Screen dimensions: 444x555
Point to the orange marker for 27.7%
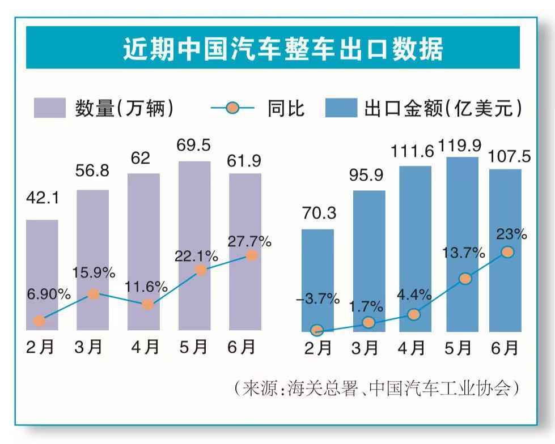click(252, 255)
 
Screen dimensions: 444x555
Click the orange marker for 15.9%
click(94, 294)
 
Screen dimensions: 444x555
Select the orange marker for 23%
click(507, 252)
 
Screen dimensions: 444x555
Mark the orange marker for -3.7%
click(317, 330)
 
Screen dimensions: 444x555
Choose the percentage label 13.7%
click(464, 253)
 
